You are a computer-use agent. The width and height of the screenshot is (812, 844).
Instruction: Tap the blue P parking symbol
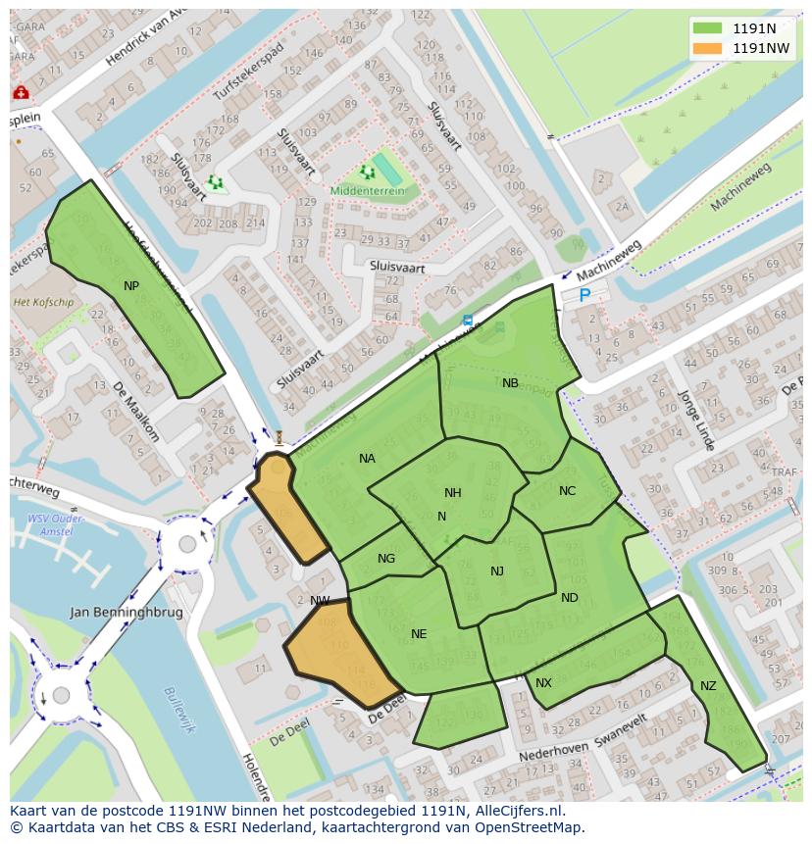[x=584, y=295]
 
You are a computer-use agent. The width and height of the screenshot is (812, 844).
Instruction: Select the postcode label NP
[x=131, y=285]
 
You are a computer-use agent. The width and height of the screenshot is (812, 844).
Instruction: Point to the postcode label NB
[x=510, y=383]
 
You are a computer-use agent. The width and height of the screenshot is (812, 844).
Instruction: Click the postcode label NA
[x=367, y=459]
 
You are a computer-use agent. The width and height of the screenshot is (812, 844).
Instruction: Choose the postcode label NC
[x=567, y=491]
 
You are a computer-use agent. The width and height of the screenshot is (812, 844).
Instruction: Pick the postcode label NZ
[x=708, y=686]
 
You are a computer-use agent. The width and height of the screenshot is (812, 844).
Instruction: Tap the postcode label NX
[x=543, y=682]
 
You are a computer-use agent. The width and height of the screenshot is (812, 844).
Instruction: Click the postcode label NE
[x=419, y=634]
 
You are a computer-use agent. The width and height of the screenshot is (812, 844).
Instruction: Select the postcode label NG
[x=386, y=559]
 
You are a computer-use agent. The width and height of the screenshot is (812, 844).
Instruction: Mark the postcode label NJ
[x=497, y=571]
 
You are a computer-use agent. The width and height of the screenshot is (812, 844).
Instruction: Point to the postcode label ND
[x=570, y=598]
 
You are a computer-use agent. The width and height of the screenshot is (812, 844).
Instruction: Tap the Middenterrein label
[x=368, y=192]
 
